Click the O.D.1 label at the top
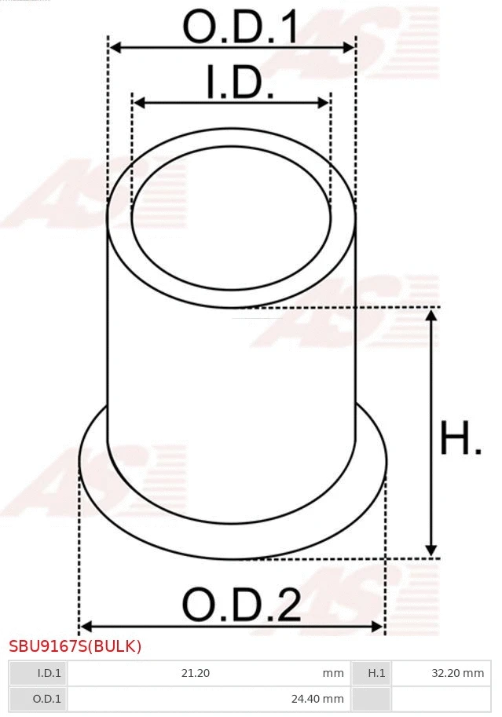240,27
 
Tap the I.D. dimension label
240,83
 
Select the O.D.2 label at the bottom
241,605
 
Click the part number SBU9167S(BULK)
75,646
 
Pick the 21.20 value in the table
196,673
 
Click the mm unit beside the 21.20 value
333,673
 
